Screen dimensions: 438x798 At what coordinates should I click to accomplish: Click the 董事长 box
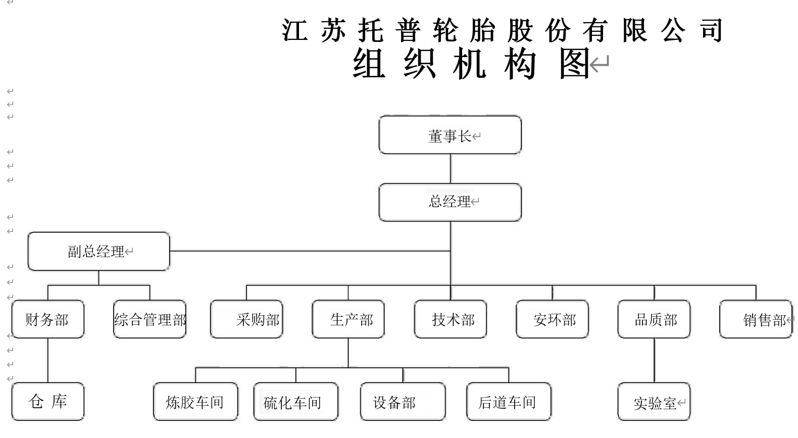coord(450,135)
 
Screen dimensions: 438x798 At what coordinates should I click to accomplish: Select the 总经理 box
coord(450,202)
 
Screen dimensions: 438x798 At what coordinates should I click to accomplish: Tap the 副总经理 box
coord(99,251)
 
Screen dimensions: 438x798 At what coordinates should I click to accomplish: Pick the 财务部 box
coord(48,319)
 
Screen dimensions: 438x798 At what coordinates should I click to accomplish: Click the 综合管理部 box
coord(149,319)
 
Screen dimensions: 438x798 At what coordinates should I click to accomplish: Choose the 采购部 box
coord(246,319)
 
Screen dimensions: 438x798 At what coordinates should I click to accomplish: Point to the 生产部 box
coord(348,319)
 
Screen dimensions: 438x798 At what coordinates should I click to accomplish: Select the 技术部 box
coord(451,319)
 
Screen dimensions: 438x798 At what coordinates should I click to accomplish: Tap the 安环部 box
coord(552,319)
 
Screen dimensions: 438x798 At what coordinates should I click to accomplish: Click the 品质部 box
coord(654,319)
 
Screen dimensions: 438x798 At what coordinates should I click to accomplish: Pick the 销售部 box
coord(756,319)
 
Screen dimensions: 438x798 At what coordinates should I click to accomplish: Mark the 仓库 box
coord(48,402)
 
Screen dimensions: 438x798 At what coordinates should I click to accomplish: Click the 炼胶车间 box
coord(195,402)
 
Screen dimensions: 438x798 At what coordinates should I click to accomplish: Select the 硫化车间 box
coord(296,402)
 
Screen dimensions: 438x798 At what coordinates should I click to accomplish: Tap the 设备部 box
coord(403,402)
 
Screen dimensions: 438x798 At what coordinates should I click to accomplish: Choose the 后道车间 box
coord(509,402)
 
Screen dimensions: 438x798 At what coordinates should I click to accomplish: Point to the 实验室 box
coord(654,402)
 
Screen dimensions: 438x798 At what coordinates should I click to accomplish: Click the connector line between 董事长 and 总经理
coord(451,169)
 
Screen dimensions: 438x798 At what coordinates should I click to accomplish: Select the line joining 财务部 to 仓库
coord(48,360)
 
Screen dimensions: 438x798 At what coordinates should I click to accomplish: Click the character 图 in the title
coord(574,64)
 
